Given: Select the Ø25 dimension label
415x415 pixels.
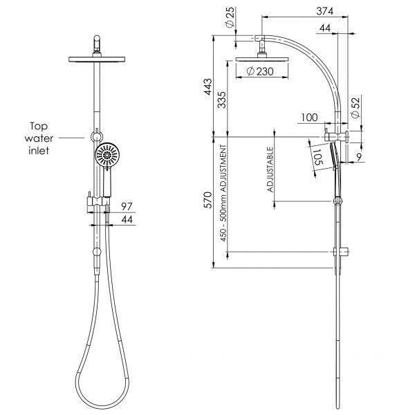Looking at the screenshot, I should click(x=229, y=15).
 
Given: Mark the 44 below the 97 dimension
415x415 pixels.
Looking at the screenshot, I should click(x=126, y=219).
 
